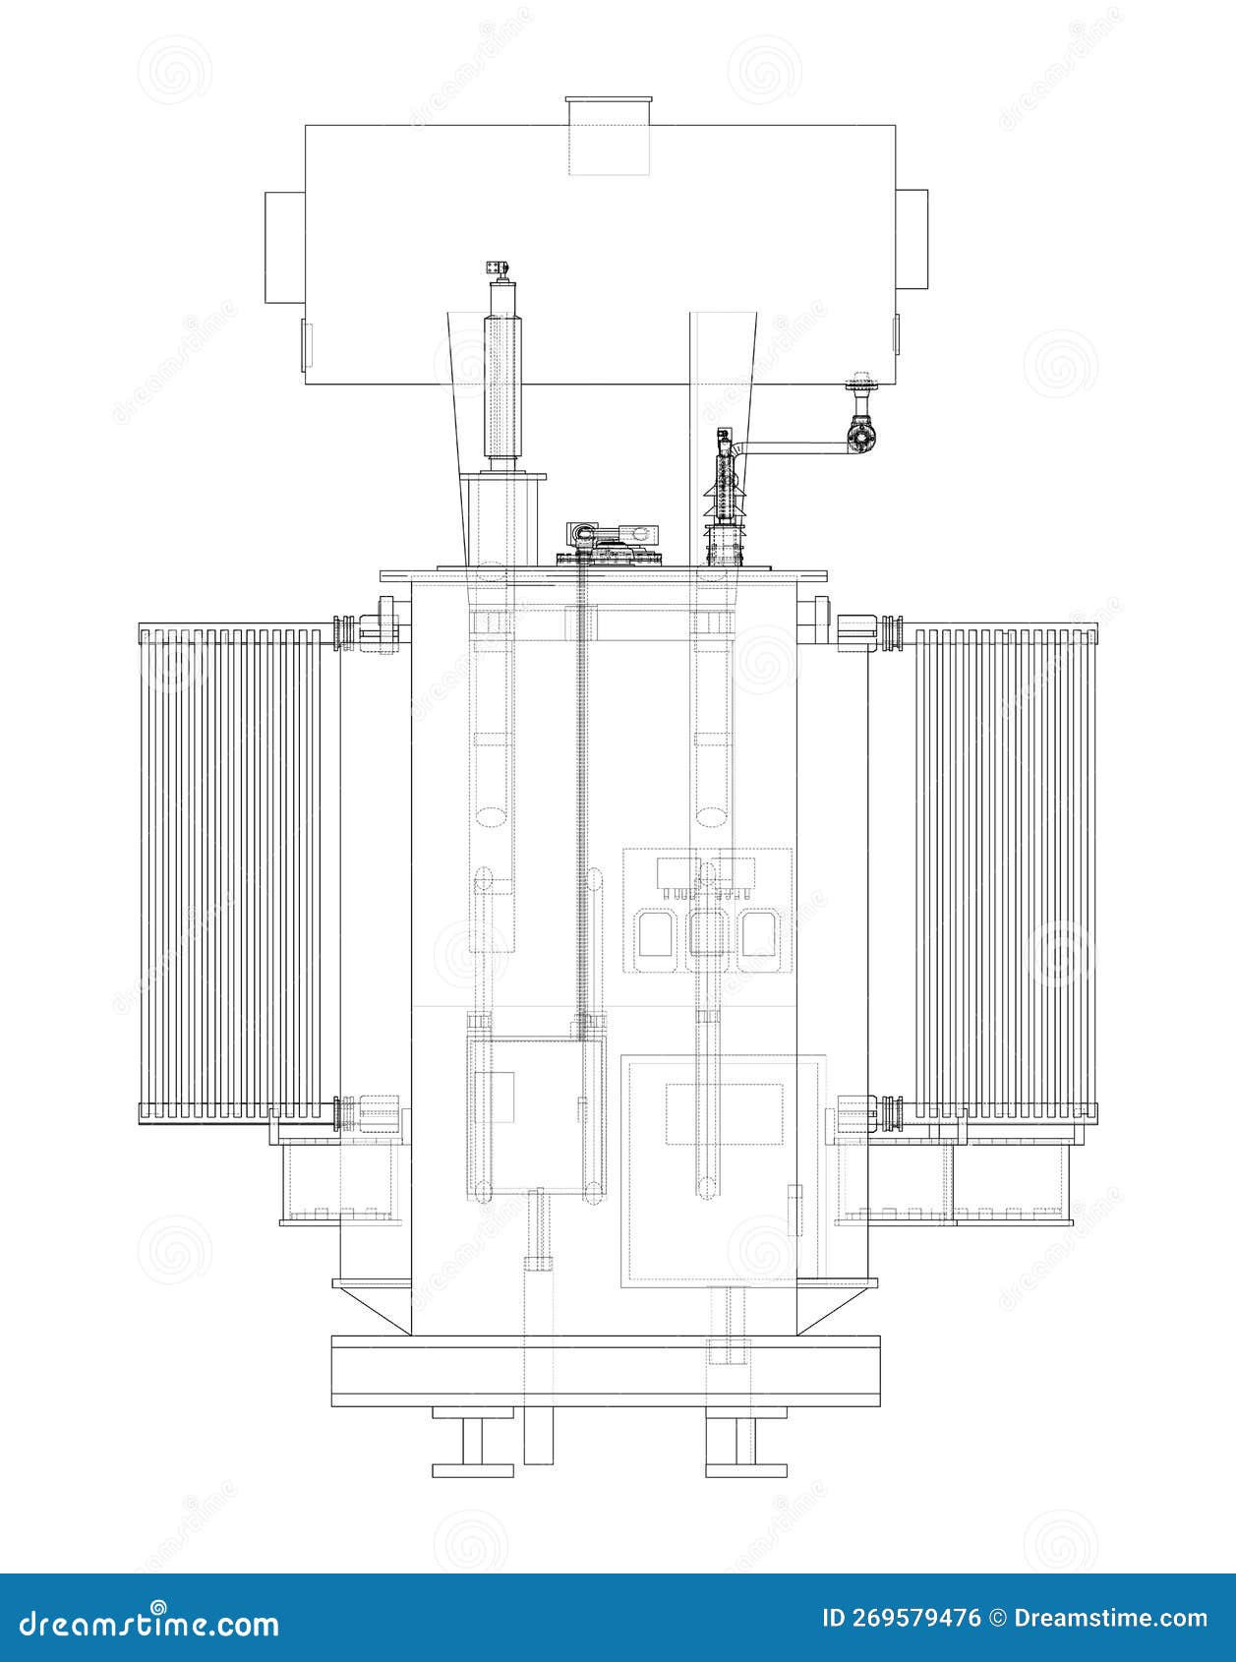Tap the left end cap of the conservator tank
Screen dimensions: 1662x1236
284,248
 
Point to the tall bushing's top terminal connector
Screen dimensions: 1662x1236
498,267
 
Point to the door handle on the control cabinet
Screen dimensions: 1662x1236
795,1211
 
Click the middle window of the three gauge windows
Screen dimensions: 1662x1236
707,933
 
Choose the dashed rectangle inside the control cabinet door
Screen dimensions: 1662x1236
725,1113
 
